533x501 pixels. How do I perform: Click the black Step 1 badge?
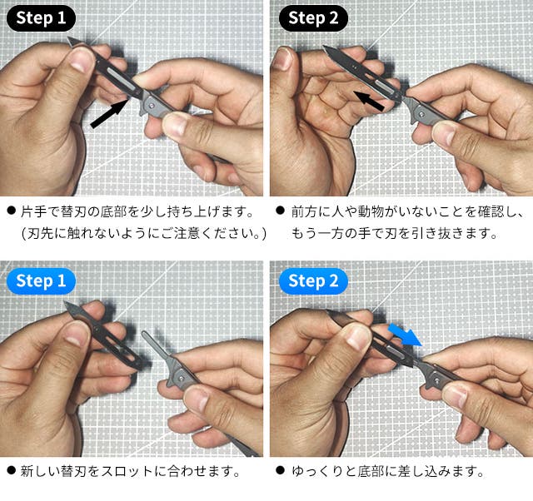tap(41, 18)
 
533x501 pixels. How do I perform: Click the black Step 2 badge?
tap(313, 18)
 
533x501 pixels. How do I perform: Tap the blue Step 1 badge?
tap(41, 281)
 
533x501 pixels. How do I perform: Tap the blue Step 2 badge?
tap(313, 281)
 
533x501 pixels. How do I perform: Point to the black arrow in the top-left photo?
tap(109, 113)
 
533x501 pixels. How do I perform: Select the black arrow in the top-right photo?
tap(369, 100)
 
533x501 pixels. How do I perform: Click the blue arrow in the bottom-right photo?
tap(405, 335)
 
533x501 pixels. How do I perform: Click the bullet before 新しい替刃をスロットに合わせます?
tap(11, 470)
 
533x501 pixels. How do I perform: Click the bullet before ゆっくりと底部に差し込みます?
tap(280, 470)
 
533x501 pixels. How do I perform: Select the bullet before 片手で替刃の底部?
tap(11, 211)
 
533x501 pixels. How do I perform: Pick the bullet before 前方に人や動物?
tap(280, 211)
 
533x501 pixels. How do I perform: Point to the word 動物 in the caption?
tap(371, 211)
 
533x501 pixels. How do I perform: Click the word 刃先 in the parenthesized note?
tap(40, 233)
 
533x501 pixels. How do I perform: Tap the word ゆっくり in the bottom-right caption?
tap(316, 471)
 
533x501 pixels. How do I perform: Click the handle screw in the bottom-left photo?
tap(182, 377)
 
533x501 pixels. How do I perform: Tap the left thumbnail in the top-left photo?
tap(80, 62)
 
